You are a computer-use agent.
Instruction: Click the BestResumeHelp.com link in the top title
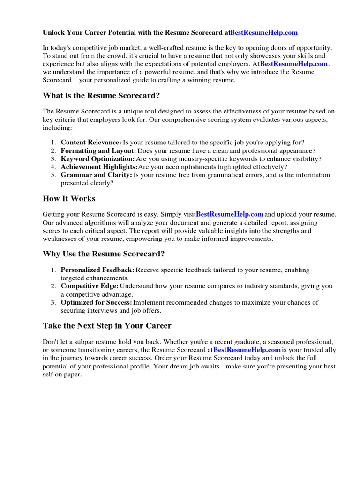pyautogui.click(x=264, y=32)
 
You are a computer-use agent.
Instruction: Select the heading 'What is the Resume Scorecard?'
pyautogui.click(x=101, y=96)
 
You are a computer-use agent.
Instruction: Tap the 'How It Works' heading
pyautogui.click(x=69, y=198)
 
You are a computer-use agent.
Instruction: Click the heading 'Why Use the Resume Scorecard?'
pyautogui.click(x=104, y=254)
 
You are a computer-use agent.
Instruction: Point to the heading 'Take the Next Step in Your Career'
pyautogui.click(x=107, y=325)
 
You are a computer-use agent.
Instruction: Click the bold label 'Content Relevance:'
pyautogui.click(x=91, y=142)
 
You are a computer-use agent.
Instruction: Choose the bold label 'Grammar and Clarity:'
pyautogui.click(x=97, y=175)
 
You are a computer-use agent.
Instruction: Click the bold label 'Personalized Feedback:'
pyautogui.click(x=97, y=270)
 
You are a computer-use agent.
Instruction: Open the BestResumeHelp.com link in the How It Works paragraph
pyautogui.click(x=230, y=214)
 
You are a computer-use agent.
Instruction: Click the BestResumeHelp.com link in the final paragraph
pyautogui.click(x=247, y=350)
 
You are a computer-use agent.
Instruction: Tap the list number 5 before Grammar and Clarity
pyautogui.click(x=53, y=175)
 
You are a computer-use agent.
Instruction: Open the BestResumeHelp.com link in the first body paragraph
pyautogui.click(x=294, y=64)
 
